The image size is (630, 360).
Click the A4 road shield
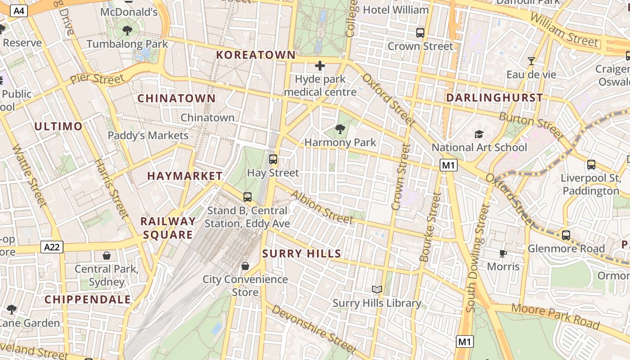(19, 11)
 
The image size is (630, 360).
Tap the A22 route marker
(52, 247)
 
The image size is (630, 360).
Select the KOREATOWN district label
(256, 55)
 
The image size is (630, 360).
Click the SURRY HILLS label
(302, 253)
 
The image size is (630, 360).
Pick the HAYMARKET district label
(185, 176)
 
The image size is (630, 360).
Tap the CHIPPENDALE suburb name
(88, 299)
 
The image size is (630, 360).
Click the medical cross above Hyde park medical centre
(320, 66)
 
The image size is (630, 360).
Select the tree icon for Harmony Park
(340, 130)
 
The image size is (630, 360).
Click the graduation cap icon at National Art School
(479, 134)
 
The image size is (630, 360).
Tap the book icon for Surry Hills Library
(377, 289)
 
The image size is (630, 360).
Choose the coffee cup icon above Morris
(503, 253)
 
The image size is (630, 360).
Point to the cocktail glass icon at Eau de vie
(531, 61)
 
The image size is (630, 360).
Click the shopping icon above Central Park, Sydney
(107, 256)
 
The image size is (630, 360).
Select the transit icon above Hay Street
(273, 159)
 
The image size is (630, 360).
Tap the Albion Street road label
(322, 207)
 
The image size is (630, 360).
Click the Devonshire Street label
(314, 328)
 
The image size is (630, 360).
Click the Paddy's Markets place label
(148, 135)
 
